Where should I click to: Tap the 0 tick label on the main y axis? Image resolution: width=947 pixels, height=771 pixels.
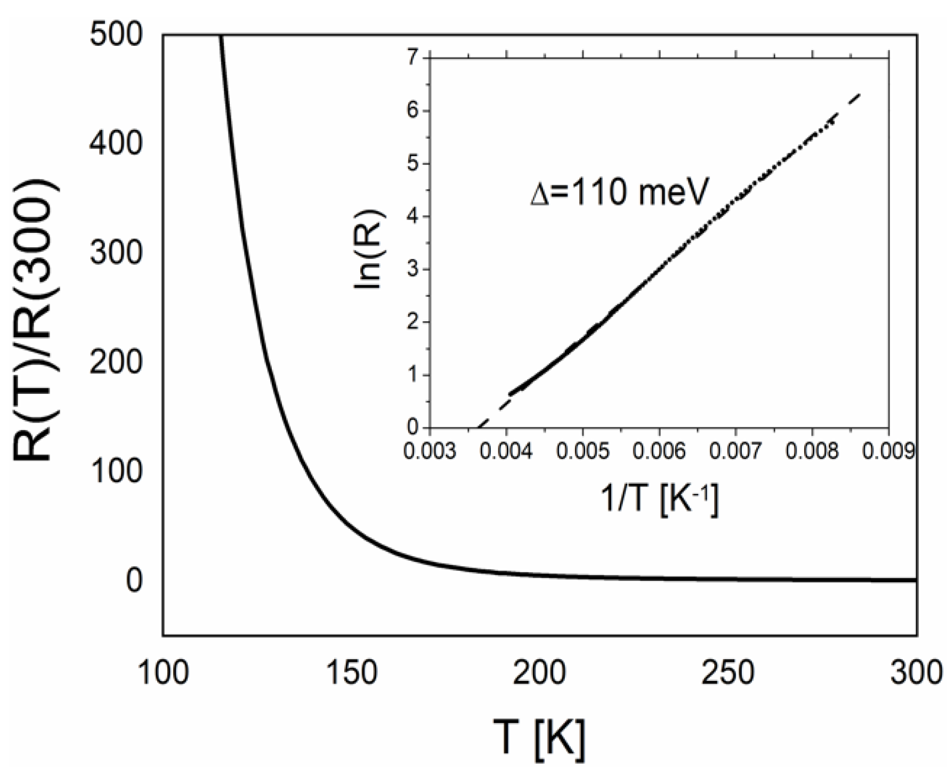[x=134, y=580]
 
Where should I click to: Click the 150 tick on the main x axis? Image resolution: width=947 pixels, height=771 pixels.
[x=352, y=673]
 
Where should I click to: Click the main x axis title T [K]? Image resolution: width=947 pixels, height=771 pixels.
[x=539, y=740]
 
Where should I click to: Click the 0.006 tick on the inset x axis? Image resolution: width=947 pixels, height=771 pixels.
[x=660, y=452]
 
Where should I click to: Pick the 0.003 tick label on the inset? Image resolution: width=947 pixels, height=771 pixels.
[x=430, y=452]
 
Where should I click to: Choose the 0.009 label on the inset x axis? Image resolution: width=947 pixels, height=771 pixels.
[x=889, y=452]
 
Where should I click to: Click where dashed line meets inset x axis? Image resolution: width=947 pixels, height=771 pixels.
[x=478, y=427]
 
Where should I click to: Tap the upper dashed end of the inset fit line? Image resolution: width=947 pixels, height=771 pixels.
[x=860, y=94]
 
